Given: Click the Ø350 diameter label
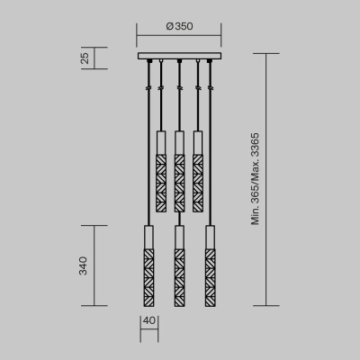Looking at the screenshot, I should coord(179,28).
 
